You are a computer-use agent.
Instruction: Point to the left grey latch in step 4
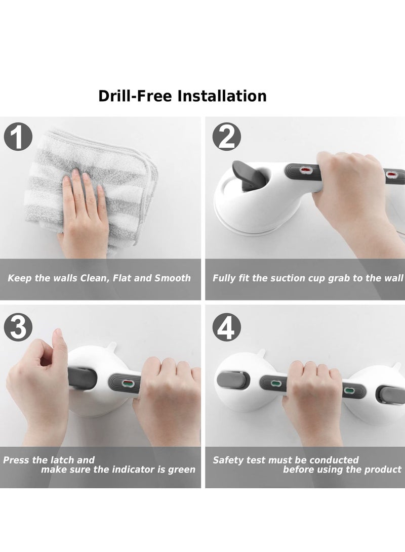click(232, 379)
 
